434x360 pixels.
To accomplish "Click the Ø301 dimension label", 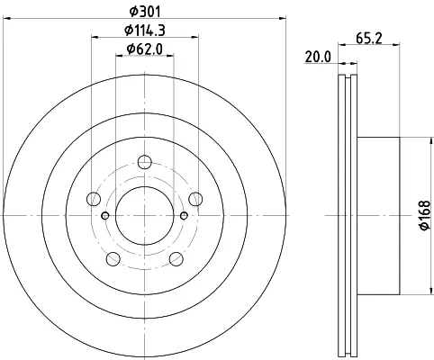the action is pos(145,12).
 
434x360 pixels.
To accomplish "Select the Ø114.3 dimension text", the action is pos(145,31).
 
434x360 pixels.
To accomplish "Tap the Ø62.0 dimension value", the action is pos(145,49).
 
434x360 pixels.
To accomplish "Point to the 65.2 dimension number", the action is pos(369,39).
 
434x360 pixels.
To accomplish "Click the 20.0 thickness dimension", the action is pos(318,57).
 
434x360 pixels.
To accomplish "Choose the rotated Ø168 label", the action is pos(425,215).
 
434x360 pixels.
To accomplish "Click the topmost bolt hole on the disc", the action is pos(145,162).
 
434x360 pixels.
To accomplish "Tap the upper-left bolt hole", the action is pos(94,199).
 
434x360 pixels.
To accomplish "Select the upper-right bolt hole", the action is pos(195,199).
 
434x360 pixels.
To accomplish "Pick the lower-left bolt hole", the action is pos(113,259).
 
